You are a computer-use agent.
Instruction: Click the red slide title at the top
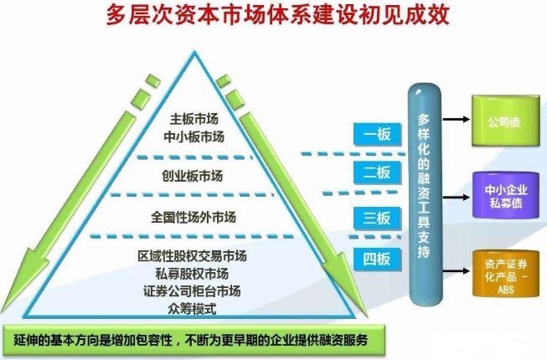coord(277,15)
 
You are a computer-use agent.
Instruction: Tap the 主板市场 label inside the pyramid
coord(194,119)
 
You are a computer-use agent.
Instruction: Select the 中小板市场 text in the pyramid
coord(194,136)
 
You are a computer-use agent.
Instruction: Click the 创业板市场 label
coord(192,176)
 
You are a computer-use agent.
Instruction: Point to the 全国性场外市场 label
coord(194,217)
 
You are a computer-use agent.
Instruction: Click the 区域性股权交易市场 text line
coord(192,256)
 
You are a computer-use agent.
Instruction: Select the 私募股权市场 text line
coord(192,274)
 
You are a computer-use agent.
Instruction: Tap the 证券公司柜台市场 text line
coord(192,291)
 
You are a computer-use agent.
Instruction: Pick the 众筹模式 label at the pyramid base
coord(192,308)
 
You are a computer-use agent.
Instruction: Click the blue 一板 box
coord(377,134)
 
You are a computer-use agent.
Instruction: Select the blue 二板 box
coord(377,172)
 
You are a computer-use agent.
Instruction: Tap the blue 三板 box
coord(377,219)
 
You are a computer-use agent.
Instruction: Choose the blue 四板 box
coord(377,260)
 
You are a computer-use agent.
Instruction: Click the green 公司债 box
coord(506,121)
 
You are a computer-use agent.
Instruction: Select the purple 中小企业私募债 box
coord(506,195)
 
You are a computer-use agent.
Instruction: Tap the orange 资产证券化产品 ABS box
coord(506,274)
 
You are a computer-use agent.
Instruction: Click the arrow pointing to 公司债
coord(457,119)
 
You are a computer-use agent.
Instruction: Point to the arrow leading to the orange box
coord(457,270)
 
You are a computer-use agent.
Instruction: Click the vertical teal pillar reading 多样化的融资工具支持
coord(425,194)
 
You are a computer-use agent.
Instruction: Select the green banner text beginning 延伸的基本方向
coord(191,340)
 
